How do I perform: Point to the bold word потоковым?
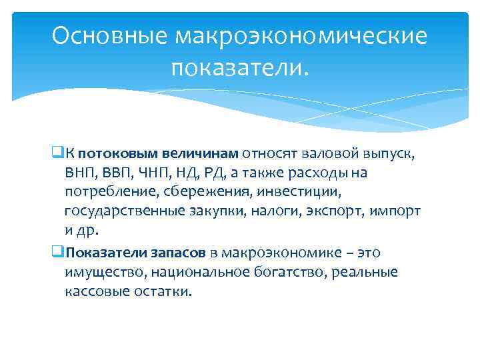tap(113, 155)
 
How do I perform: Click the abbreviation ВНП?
tap(80, 174)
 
